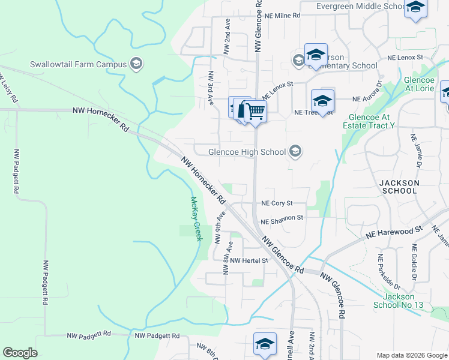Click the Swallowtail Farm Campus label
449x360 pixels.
(x=79, y=64)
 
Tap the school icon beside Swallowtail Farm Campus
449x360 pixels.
(x=136, y=64)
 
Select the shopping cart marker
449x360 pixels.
(x=256, y=112)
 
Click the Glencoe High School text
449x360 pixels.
(x=247, y=152)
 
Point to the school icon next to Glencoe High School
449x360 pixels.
(x=295, y=151)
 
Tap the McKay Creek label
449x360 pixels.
(x=196, y=219)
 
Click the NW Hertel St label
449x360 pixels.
(x=249, y=260)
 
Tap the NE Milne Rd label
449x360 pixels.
(x=279, y=15)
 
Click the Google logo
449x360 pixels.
(x=20, y=353)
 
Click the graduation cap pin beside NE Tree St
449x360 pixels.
(x=322, y=102)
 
